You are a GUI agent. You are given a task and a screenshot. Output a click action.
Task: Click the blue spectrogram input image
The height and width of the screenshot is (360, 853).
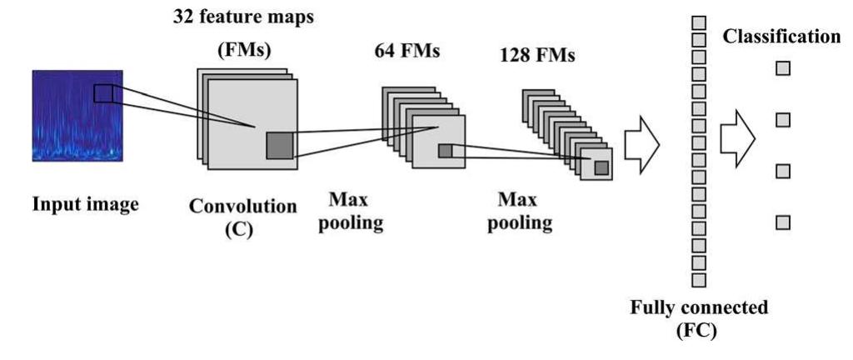pos(77,116)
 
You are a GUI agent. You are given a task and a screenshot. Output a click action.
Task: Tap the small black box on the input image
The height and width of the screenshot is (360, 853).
pos(102,92)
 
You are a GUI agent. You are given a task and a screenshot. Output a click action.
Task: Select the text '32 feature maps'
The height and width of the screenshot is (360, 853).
pos(243,17)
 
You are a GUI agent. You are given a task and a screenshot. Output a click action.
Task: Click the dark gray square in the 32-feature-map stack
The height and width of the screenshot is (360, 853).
pos(279,146)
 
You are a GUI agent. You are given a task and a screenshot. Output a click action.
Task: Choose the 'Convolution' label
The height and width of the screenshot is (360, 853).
pos(242,205)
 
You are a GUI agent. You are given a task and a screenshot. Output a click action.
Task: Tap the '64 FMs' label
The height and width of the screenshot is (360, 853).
pos(407,52)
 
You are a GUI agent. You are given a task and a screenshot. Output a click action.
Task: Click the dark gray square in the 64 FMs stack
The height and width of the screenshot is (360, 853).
pos(445,151)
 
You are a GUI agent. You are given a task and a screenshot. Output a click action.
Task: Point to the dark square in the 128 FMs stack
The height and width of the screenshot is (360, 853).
pos(601,168)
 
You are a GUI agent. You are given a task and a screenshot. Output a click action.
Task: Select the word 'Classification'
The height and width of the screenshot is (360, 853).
pos(781,37)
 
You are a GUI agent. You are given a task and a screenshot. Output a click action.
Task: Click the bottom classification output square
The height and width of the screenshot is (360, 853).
pos(782,222)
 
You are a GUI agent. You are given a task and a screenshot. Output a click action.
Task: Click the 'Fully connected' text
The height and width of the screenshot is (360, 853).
pos(697,307)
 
